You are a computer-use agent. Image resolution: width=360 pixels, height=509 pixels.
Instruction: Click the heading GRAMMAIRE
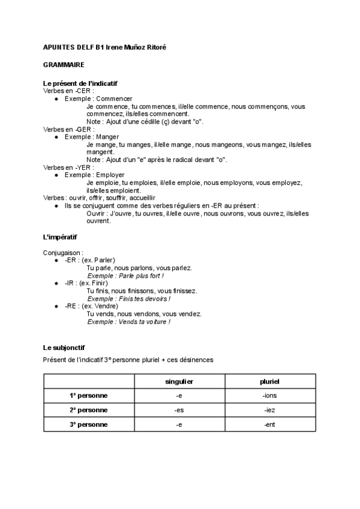coord(64,64)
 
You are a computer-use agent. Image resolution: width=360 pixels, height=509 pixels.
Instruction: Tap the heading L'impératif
coord(61,237)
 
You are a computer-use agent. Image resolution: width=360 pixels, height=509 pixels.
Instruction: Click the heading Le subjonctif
coord(60,348)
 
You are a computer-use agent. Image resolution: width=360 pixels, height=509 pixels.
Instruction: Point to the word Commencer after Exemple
coord(114,98)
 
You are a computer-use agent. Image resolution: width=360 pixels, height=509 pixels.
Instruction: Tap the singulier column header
coord(179,381)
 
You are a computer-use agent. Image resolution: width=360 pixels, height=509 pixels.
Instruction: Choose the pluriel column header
coord(270,381)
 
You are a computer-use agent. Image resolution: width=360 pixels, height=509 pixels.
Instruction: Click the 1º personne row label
coord(88,396)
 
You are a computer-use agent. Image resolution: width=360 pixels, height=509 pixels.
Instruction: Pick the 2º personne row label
coord(88,410)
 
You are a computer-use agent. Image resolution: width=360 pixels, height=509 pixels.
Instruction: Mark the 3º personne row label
coord(88,424)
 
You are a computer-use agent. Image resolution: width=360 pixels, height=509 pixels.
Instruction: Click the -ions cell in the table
coord(270,396)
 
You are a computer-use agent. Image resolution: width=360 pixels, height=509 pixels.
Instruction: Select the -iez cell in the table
coord(270,410)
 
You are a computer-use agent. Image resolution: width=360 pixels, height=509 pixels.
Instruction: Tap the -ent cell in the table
coord(270,424)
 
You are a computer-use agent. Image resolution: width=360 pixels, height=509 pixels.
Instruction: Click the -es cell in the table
coord(179,410)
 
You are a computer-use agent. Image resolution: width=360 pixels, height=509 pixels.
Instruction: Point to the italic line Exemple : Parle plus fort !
coord(125,276)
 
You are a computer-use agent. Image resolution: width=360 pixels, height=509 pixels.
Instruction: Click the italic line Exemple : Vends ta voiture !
coord(128,322)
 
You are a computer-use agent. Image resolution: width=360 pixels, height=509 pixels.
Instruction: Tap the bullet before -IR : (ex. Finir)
coord(56,283)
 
